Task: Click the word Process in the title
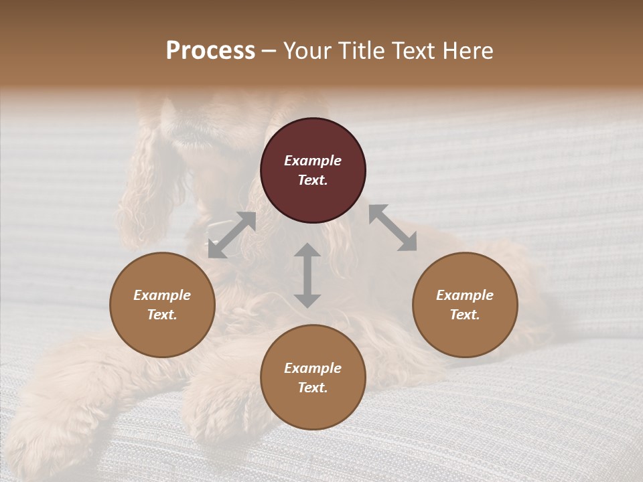(210, 50)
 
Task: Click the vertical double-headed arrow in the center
(307, 275)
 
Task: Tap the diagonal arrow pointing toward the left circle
(232, 235)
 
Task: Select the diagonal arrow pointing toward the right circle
(392, 228)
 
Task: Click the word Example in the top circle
(313, 161)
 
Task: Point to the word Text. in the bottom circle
(313, 388)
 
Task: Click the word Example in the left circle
(162, 295)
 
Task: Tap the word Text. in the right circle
(465, 315)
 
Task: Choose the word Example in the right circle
(465, 295)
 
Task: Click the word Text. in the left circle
(162, 315)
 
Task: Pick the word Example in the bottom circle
(313, 368)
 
